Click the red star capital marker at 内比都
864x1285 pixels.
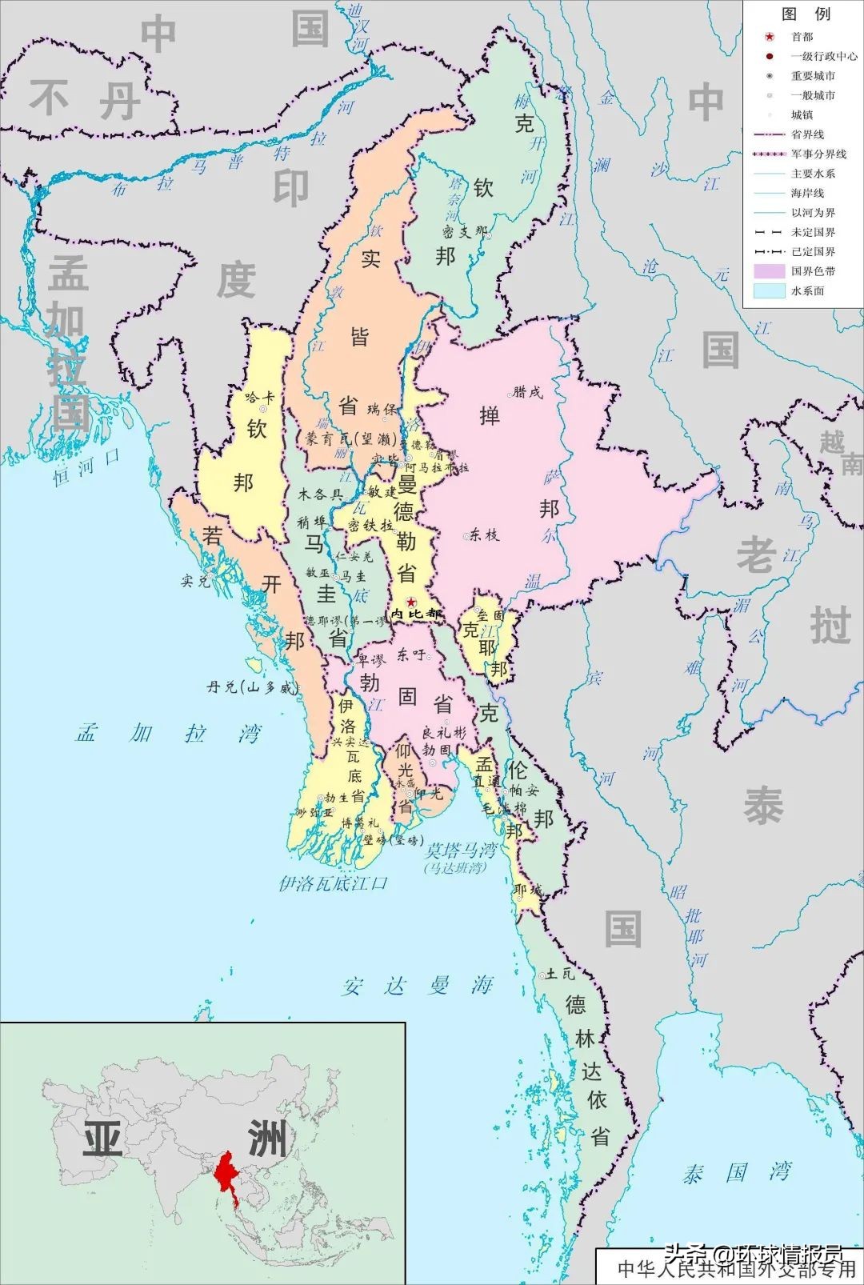(x=410, y=602)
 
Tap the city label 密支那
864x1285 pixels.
(x=464, y=232)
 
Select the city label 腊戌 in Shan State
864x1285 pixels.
(x=528, y=392)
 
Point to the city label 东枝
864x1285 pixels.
(x=483, y=535)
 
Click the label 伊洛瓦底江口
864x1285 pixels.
(x=333, y=883)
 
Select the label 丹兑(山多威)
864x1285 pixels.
(x=252, y=687)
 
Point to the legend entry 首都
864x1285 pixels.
(x=802, y=37)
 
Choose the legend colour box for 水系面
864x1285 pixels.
(x=769, y=290)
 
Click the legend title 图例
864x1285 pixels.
(x=806, y=14)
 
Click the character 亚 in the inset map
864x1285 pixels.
(x=102, y=1137)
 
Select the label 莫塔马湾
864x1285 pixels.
(x=461, y=851)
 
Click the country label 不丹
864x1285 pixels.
(x=84, y=102)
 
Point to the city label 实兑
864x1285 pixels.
(x=195, y=581)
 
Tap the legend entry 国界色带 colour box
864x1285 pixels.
(x=769, y=271)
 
